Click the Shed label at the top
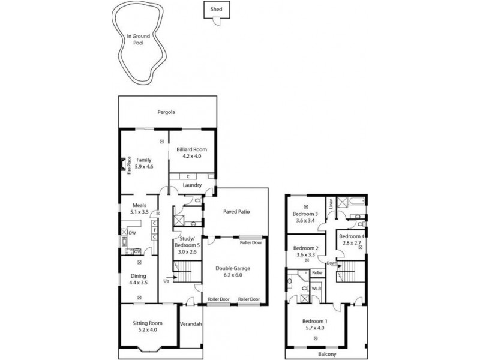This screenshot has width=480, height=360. click(x=215, y=10)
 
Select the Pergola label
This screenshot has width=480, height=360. click(x=167, y=112)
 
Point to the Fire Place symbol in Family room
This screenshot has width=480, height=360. click(x=127, y=165)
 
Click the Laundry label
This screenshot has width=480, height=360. click(x=192, y=185)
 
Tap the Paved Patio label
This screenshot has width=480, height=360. click(x=236, y=212)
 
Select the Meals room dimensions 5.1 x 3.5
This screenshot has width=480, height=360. click(x=139, y=212)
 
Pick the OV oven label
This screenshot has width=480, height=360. click(x=137, y=251)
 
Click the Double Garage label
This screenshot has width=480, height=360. click(x=233, y=268)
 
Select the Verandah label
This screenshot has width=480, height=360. click(x=191, y=324)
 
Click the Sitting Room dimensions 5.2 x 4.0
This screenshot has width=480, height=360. click(x=147, y=330)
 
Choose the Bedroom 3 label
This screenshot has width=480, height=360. click(x=305, y=214)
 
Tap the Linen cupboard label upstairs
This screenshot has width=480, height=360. click(x=330, y=207)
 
